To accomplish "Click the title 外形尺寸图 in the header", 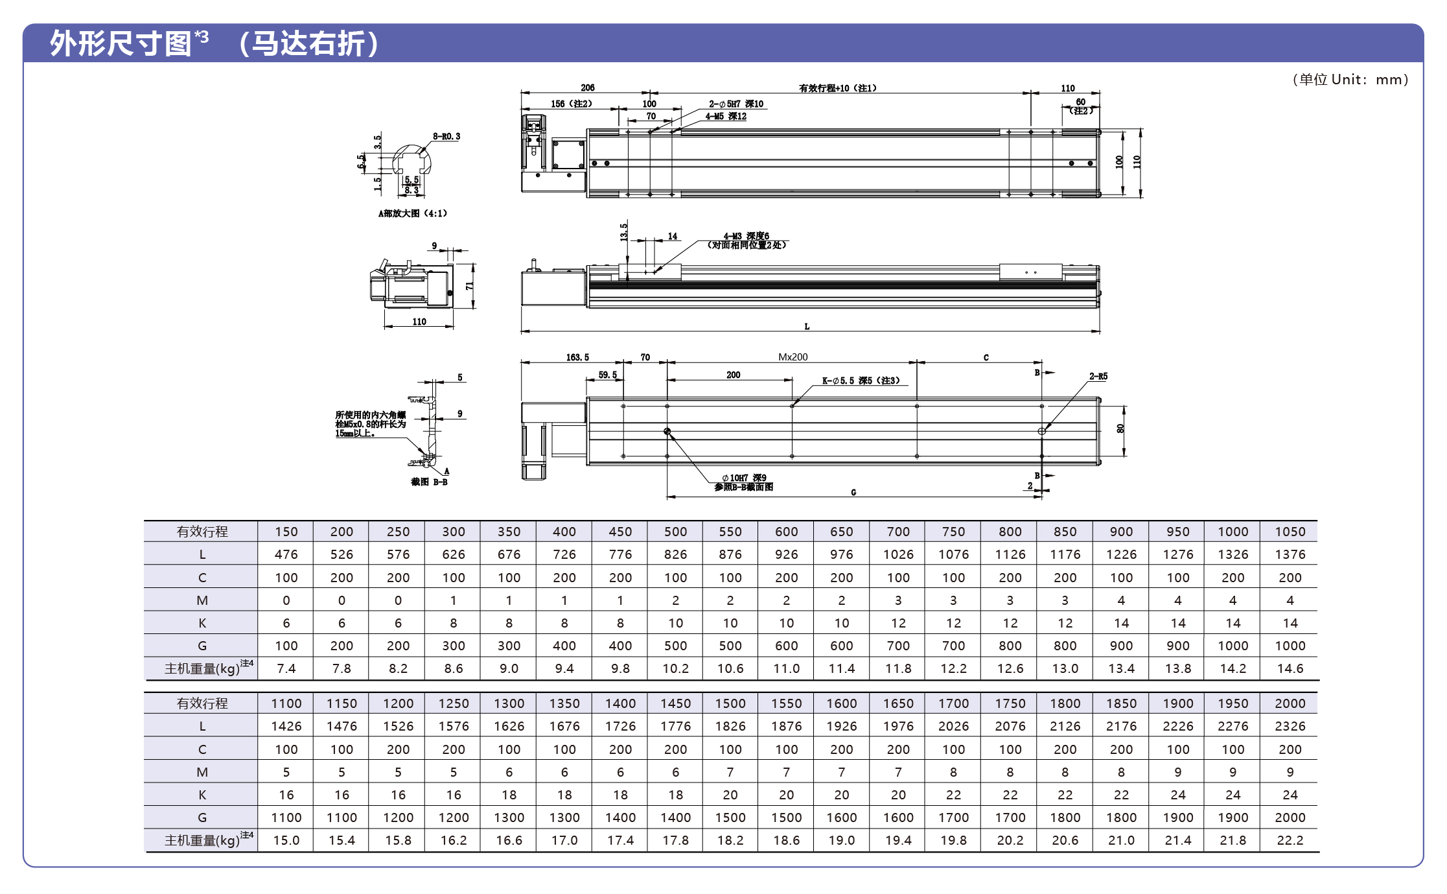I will tap(121, 44).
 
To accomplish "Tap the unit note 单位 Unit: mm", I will tap(1350, 80).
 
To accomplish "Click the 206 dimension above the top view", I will tap(587, 88).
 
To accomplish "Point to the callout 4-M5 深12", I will tap(726, 117).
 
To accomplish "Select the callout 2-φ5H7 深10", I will tap(735, 104).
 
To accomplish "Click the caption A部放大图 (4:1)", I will tap(413, 213).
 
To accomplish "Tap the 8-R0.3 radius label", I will tap(446, 136).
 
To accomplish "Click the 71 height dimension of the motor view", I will tap(469, 286).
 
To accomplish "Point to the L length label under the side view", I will tap(807, 327).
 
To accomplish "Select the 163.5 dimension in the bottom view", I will tap(577, 357).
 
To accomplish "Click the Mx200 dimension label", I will tap(793, 357).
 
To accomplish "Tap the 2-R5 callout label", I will tap(1098, 376).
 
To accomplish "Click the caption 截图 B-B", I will tap(429, 482).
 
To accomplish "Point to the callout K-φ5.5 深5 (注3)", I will tap(861, 381).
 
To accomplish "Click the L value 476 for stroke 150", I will tap(286, 554).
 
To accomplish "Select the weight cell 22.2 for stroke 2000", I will tap(1290, 840).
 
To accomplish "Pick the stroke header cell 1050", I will tap(1290, 532).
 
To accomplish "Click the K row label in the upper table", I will tap(202, 623).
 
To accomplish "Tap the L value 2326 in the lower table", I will tap(1290, 726).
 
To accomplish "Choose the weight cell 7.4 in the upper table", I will tap(286, 668).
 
